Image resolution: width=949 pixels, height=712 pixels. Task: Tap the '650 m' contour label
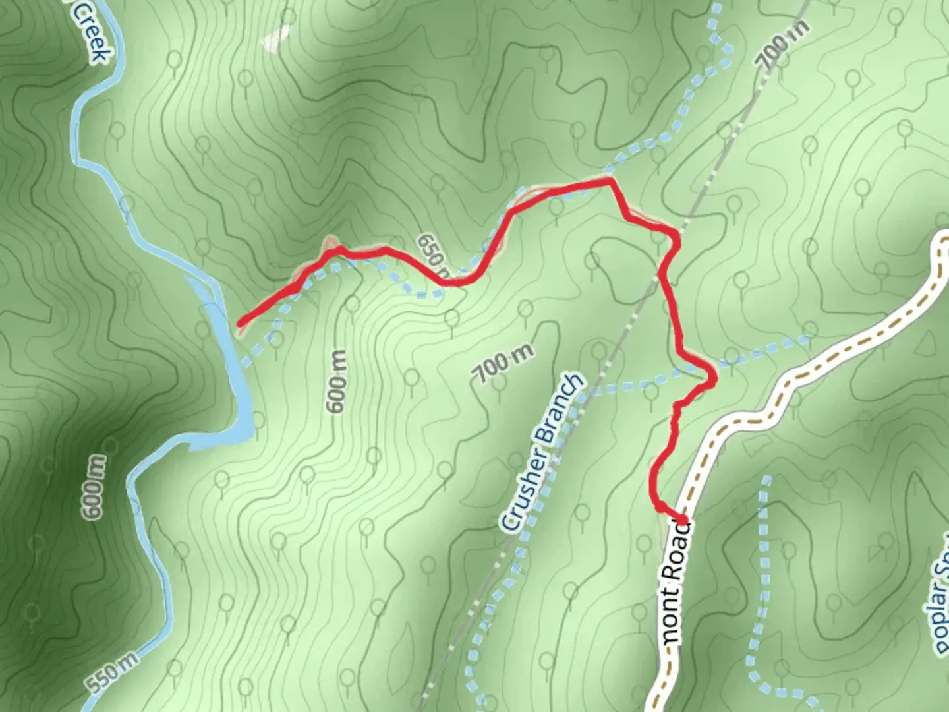click(x=435, y=256)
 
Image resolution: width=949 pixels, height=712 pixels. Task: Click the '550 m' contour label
click(x=111, y=674)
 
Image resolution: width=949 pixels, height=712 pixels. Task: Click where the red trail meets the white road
click(x=683, y=521)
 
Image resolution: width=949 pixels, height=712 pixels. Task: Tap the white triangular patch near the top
click(x=275, y=40)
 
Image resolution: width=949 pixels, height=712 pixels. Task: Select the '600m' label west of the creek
click(x=94, y=486)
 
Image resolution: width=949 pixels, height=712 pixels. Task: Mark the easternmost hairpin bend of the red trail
click(x=712, y=377)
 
